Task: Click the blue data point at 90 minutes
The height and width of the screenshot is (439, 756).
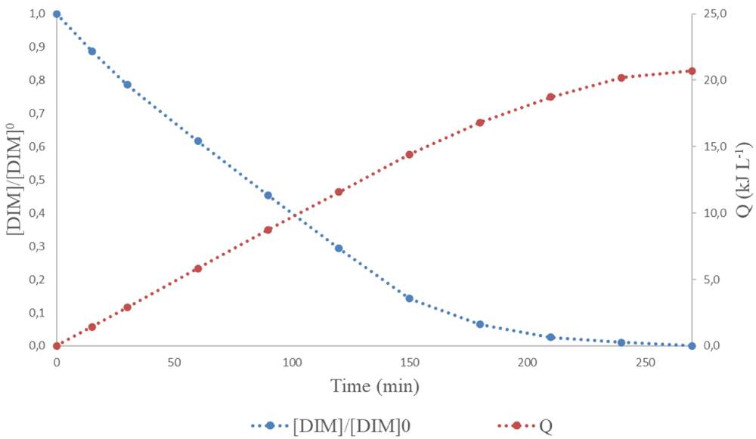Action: (268, 195)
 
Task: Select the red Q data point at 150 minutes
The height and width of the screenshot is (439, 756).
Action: (409, 155)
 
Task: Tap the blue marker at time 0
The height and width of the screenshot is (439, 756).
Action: (57, 14)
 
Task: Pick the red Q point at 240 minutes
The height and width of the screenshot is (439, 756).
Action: (621, 78)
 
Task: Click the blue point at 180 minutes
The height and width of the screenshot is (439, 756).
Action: (480, 324)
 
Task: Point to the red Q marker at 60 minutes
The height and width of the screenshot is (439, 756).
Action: (197, 268)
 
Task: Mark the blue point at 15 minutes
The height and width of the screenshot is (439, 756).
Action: (92, 51)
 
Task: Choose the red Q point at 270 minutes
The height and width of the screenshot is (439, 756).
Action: (692, 71)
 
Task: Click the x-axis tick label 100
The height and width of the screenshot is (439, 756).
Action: (292, 363)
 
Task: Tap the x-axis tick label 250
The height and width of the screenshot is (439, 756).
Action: (645, 363)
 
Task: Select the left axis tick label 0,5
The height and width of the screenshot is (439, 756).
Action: (37, 180)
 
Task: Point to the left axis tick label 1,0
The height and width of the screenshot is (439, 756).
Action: (37, 14)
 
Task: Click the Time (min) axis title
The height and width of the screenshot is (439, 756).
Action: (375, 386)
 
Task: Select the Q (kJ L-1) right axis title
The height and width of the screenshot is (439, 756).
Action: (743, 180)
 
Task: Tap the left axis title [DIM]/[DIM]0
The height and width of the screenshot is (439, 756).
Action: (15, 179)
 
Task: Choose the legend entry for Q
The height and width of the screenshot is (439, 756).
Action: (525, 425)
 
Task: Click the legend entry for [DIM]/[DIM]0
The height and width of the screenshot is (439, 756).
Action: (331, 425)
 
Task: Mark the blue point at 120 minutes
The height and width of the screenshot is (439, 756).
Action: (339, 248)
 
